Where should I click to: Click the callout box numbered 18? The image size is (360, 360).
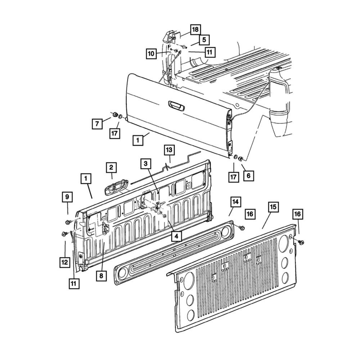point(195,30)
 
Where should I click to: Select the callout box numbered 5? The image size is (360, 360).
point(204,40)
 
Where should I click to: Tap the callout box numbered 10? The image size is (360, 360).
point(151,54)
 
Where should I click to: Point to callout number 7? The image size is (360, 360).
point(97,124)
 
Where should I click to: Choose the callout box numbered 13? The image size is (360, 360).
point(169,150)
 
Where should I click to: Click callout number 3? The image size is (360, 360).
point(146,164)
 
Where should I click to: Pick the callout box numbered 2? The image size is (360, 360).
point(111,167)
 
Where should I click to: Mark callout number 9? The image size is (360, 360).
point(67,197)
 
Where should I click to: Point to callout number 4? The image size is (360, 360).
point(176,236)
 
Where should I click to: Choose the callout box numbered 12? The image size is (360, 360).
point(65,262)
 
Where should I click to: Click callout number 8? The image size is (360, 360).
point(101,276)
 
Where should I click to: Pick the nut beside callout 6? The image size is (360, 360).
point(241,158)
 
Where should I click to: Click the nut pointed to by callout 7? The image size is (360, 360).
point(115,114)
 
